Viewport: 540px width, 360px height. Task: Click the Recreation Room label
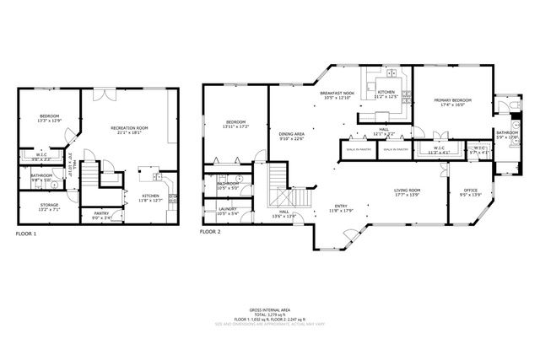coord(129,127)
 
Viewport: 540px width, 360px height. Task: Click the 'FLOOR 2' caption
coord(210,230)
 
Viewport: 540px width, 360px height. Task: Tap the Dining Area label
coord(292,134)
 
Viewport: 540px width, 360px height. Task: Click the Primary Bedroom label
coord(452,100)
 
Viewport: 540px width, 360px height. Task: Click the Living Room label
coord(407,190)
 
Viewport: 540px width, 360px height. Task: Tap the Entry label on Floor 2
coord(341,206)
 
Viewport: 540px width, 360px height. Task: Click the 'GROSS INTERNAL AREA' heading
coord(269,310)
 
